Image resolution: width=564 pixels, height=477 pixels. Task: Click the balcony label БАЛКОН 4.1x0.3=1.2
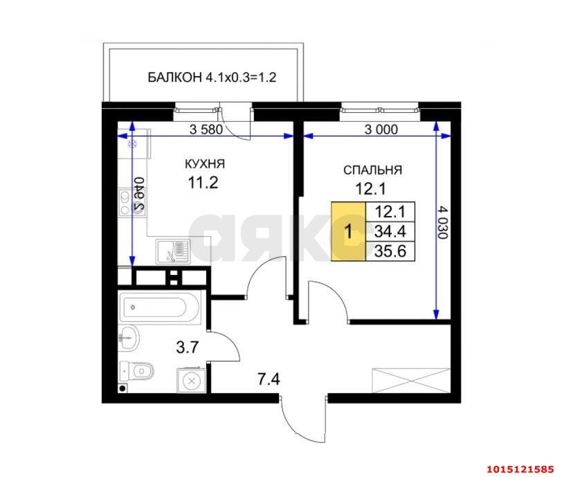tap(212, 77)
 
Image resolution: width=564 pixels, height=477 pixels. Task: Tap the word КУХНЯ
tap(204, 164)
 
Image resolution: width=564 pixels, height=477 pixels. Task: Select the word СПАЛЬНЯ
tap(373, 170)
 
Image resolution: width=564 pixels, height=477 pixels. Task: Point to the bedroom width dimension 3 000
tap(381, 129)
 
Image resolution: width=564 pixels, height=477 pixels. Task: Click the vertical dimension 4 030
tap(443, 222)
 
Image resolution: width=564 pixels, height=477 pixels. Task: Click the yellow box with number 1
tap(348, 231)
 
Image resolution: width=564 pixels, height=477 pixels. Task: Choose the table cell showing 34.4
tap(390, 231)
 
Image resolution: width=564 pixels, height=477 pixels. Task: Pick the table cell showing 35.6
tap(390, 251)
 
